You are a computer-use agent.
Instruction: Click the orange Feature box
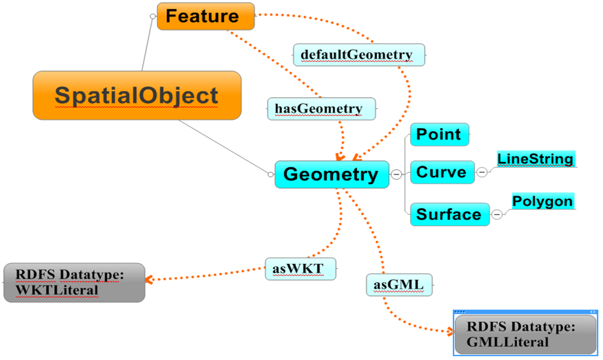click(x=206, y=17)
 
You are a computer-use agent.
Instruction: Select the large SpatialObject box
click(x=137, y=96)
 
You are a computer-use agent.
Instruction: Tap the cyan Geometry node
click(x=331, y=175)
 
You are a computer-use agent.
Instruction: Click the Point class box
click(x=439, y=134)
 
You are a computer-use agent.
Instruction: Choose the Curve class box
click(x=443, y=172)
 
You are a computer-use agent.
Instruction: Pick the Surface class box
click(x=449, y=215)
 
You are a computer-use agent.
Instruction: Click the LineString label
click(x=536, y=159)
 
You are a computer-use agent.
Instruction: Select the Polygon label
click(x=543, y=201)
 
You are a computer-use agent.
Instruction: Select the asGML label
click(x=399, y=285)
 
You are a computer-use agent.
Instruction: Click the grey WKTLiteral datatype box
click(x=74, y=282)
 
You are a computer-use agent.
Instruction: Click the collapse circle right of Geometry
click(x=397, y=175)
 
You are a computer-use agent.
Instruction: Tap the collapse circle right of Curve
click(x=482, y=172)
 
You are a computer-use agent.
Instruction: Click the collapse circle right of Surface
click(x=497, y=215)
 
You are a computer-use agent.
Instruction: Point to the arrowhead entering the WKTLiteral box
click(x=149, y=279)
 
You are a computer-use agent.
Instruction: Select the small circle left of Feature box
click(x=153, y=17)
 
